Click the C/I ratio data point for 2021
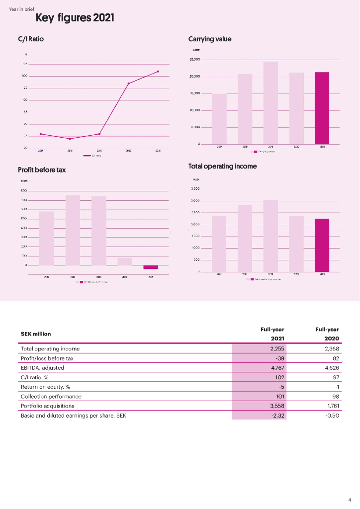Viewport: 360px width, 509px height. pyautogui.click(x=158, y=72)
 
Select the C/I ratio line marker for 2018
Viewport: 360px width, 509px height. pyautogui.click(x=70, y=139)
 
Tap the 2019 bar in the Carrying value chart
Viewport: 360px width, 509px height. pyautogui.click(x=270, y=103)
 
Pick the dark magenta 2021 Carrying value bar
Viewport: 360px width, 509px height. pyautogui.click(x=322, y=108)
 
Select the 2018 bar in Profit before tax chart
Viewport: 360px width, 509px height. pyautogui.click(x=73, y=230)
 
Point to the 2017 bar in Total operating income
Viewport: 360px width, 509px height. pyautogui.click(x=219, y=244)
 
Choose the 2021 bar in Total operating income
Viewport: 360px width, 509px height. pyautogui.click(x=322, y=245)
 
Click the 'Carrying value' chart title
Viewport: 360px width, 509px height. pyautogui.click(x=210, y=39)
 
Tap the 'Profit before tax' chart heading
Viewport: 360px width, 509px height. pyautogui.click(x=42, y=170)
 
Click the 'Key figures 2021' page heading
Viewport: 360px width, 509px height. pyautogui.click(x=75, y=19)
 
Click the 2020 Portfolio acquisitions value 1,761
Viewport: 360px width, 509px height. pyautogui.click(x=331, y=406)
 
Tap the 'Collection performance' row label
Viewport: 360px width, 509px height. pyautogui.click(x=51, y=397)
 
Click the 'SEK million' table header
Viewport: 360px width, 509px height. pyautogui.click(x=36, y=334)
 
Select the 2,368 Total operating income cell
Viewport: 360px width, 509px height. pyautogui.click(x=330, y=349)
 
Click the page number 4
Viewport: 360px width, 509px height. pyautogui.click(x=349, y=500)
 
